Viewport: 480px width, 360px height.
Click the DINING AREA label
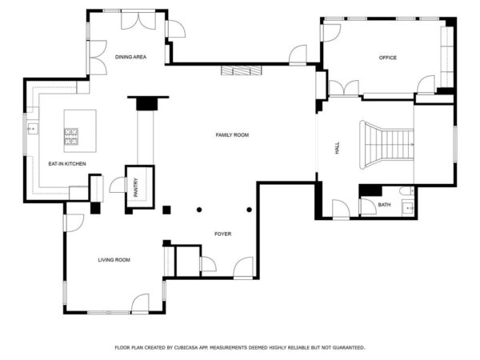pos(130,57)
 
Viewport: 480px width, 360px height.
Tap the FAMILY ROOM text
pos(232,135)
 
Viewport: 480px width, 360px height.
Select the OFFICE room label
pos(387,58)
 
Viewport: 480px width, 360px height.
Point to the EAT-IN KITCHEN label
pos(67,164)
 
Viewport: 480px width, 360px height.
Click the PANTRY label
pos(136,187)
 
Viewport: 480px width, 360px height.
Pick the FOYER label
pos(223,234)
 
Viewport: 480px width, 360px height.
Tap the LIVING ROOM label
pos(114,260)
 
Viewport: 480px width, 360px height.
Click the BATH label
pos(384,205)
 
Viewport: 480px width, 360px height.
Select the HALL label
pos(338,147)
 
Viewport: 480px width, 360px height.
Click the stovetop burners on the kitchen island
pos(71,137)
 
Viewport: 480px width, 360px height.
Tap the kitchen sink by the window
pos(33,129)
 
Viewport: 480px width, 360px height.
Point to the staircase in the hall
pos(386,145)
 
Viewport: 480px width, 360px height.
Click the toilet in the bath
pos(407,191)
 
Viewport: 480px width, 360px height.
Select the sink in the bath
pos(408,208)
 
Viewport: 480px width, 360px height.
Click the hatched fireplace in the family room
pos(242,70)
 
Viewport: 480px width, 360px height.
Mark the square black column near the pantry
pos(166,210)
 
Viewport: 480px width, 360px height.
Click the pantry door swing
pos(118,185)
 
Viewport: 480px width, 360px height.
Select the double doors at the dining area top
pos(138,21)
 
